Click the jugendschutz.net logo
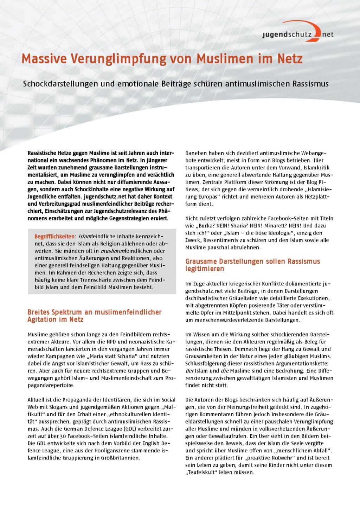point(297,33)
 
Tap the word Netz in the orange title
point(289,59)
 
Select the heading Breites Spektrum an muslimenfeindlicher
point(94,312)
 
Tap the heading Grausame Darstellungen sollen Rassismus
point(252,262)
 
